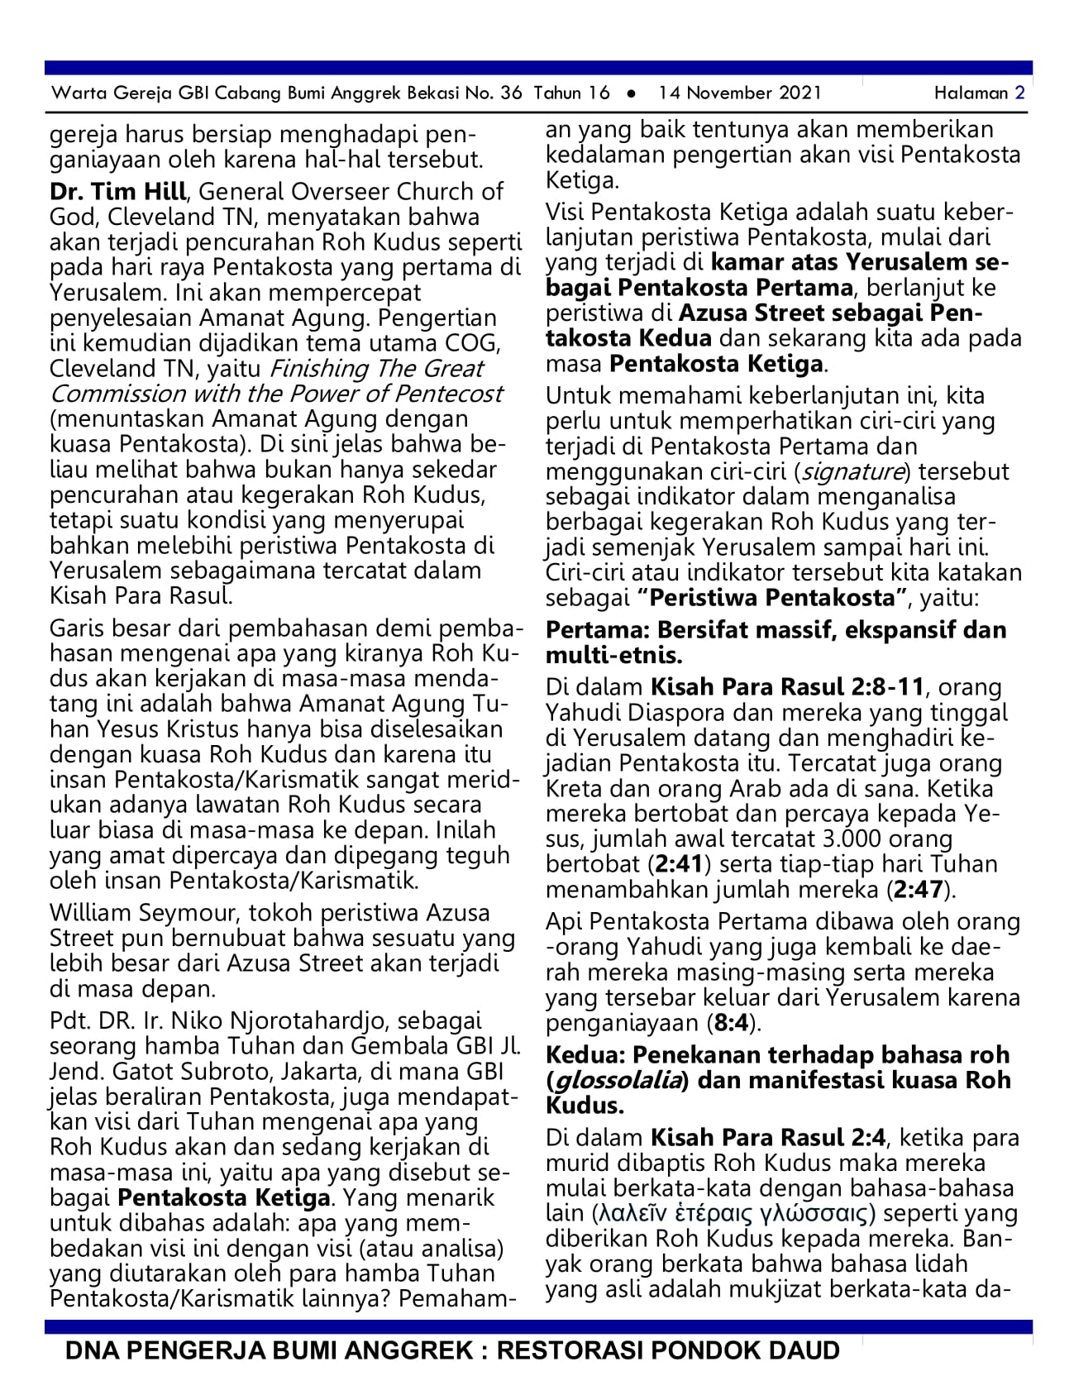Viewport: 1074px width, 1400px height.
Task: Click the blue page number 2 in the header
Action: click(x=1020, y=93)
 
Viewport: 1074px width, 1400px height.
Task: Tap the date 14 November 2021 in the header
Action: click(x=740, y=93)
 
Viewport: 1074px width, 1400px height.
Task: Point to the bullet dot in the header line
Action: click(x=632, y=93)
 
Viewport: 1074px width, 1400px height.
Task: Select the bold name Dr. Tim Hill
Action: click(x=117, y=192)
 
